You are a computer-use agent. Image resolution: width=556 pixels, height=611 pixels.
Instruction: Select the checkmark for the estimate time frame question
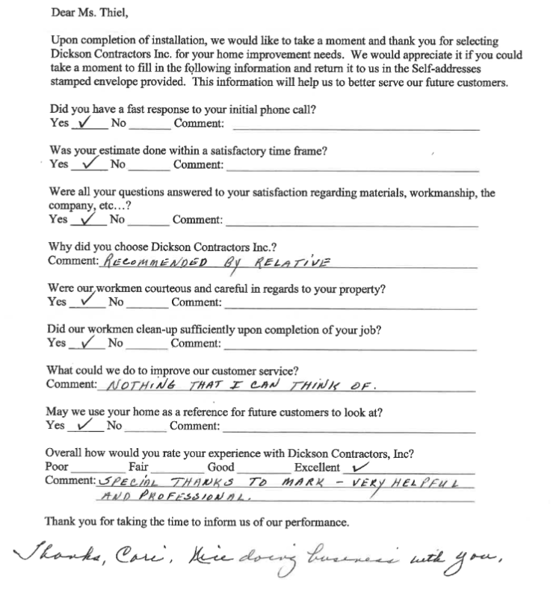[x=91, y=162]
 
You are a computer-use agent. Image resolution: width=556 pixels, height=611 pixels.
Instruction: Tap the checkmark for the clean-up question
[x=90, y=342]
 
